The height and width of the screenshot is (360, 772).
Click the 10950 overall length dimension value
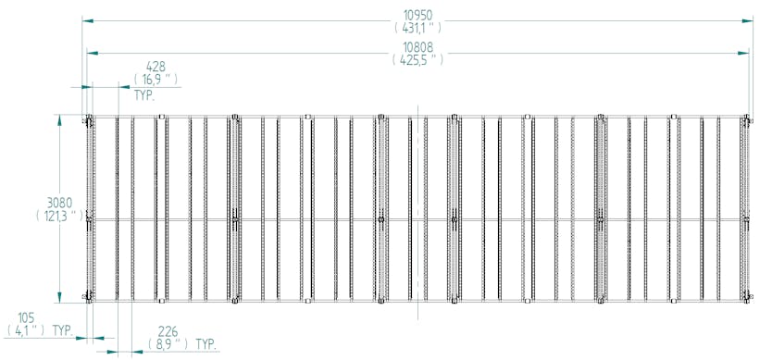click(418, 15)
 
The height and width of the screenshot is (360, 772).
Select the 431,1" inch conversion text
click(418, 28)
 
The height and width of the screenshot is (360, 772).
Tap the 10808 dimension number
click(418, 47)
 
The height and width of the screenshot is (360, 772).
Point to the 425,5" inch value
click(418, 60)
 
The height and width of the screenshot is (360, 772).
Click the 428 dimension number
click(156, 67)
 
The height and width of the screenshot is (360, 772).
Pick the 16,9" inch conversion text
click(156, 79)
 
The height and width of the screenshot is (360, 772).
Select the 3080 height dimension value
click(59, 203)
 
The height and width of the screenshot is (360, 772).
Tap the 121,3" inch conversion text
click(59, 216)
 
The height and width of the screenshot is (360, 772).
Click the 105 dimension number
click(27, 317)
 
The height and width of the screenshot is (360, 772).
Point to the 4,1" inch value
click(27, 330)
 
